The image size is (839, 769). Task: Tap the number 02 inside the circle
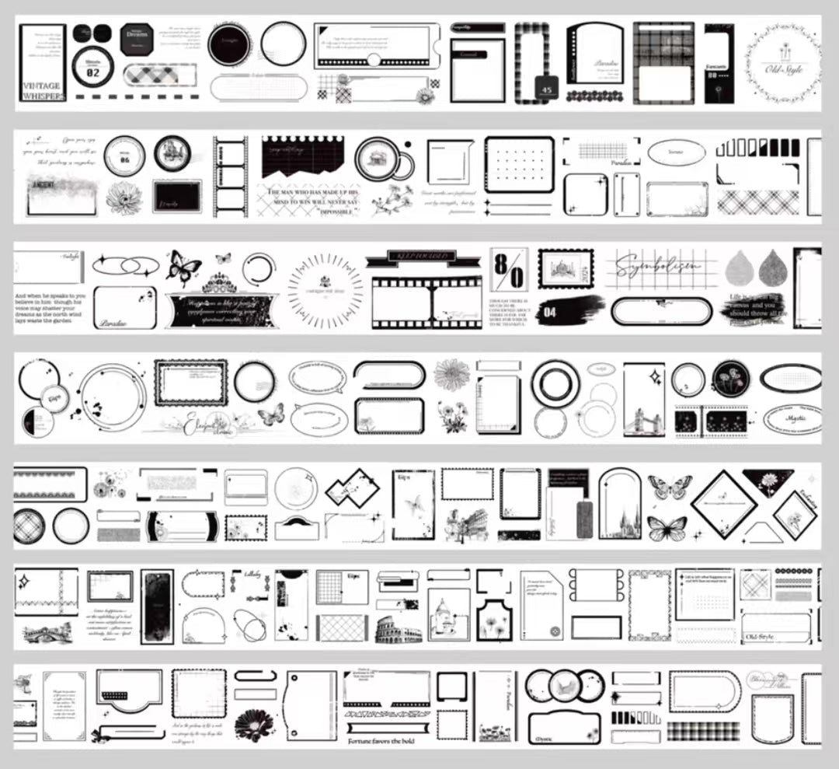pos(92,72)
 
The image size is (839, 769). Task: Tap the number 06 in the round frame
pos(124,159)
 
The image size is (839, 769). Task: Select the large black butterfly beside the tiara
pos(183,268)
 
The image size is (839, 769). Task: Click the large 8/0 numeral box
pos(509,269)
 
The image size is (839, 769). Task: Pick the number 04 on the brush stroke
pos(550,312)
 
